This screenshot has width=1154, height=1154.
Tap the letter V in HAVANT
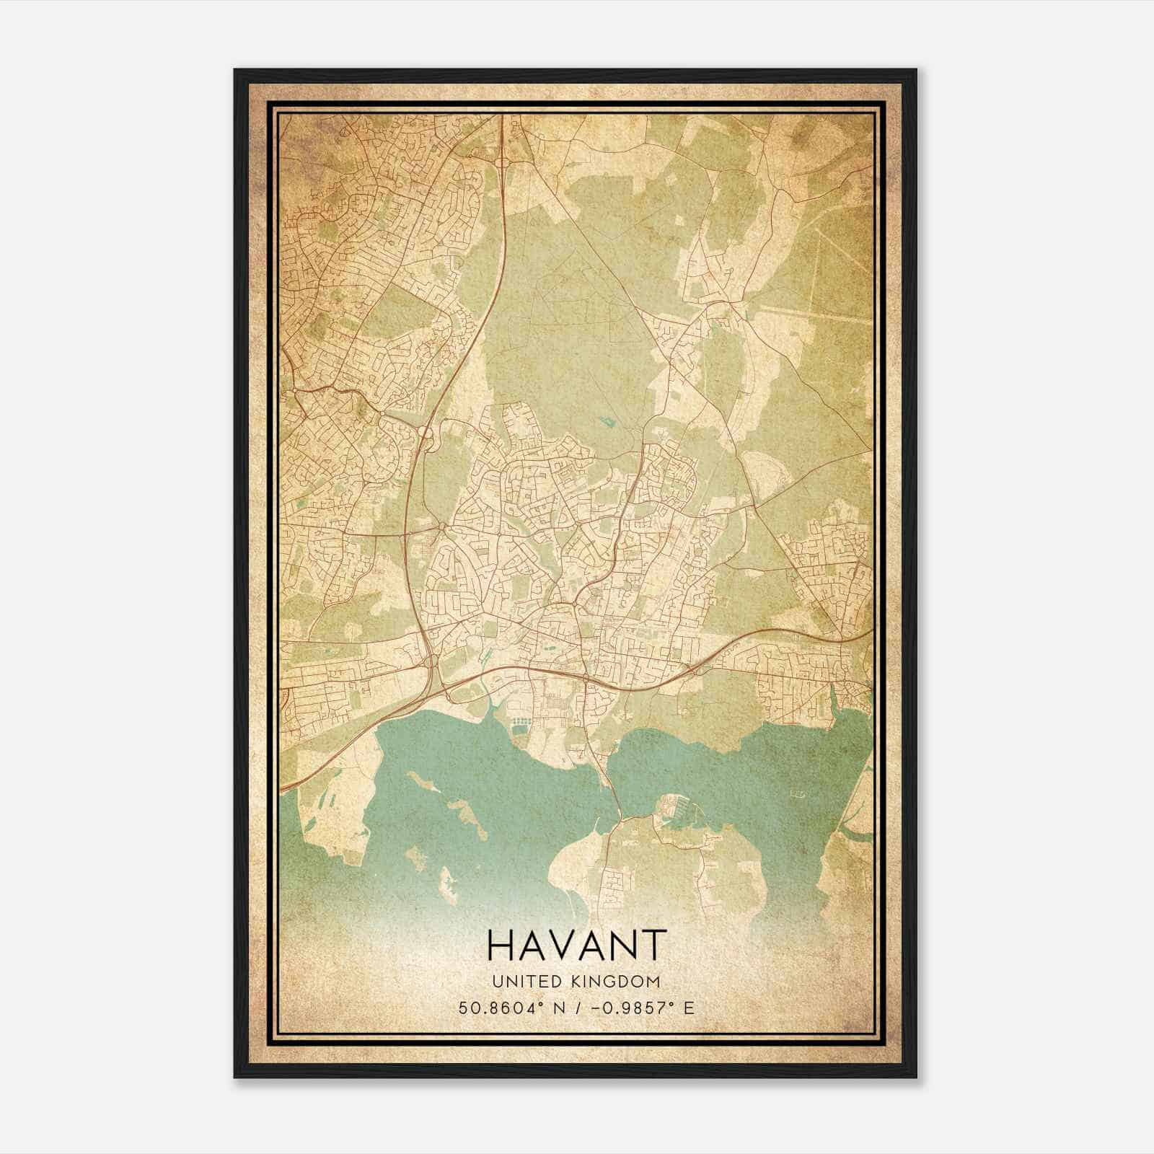tap(560, 946)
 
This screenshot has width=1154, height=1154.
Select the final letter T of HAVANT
tap(651, 946)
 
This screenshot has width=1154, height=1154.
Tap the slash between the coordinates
tap(578, 1008)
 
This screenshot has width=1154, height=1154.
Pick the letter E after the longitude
tap(689, 1008)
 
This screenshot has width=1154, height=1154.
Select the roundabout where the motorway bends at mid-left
tap(425, 434)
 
